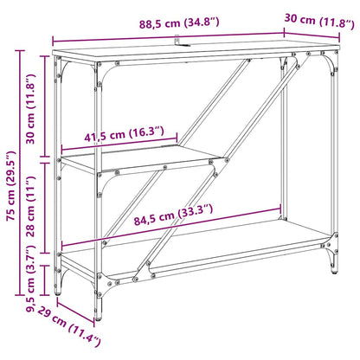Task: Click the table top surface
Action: pyautogui.click(x=190, y=57)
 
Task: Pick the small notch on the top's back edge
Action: pyautogui.click(x=177, y=40)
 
